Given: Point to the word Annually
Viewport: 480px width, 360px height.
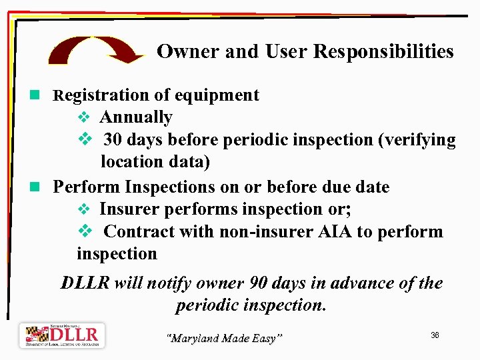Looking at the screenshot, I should click(x=136, y=117).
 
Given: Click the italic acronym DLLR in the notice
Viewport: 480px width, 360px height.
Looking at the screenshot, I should click(x=85, y=283).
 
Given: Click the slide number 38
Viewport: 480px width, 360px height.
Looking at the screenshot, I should click(x=435, y=335).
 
